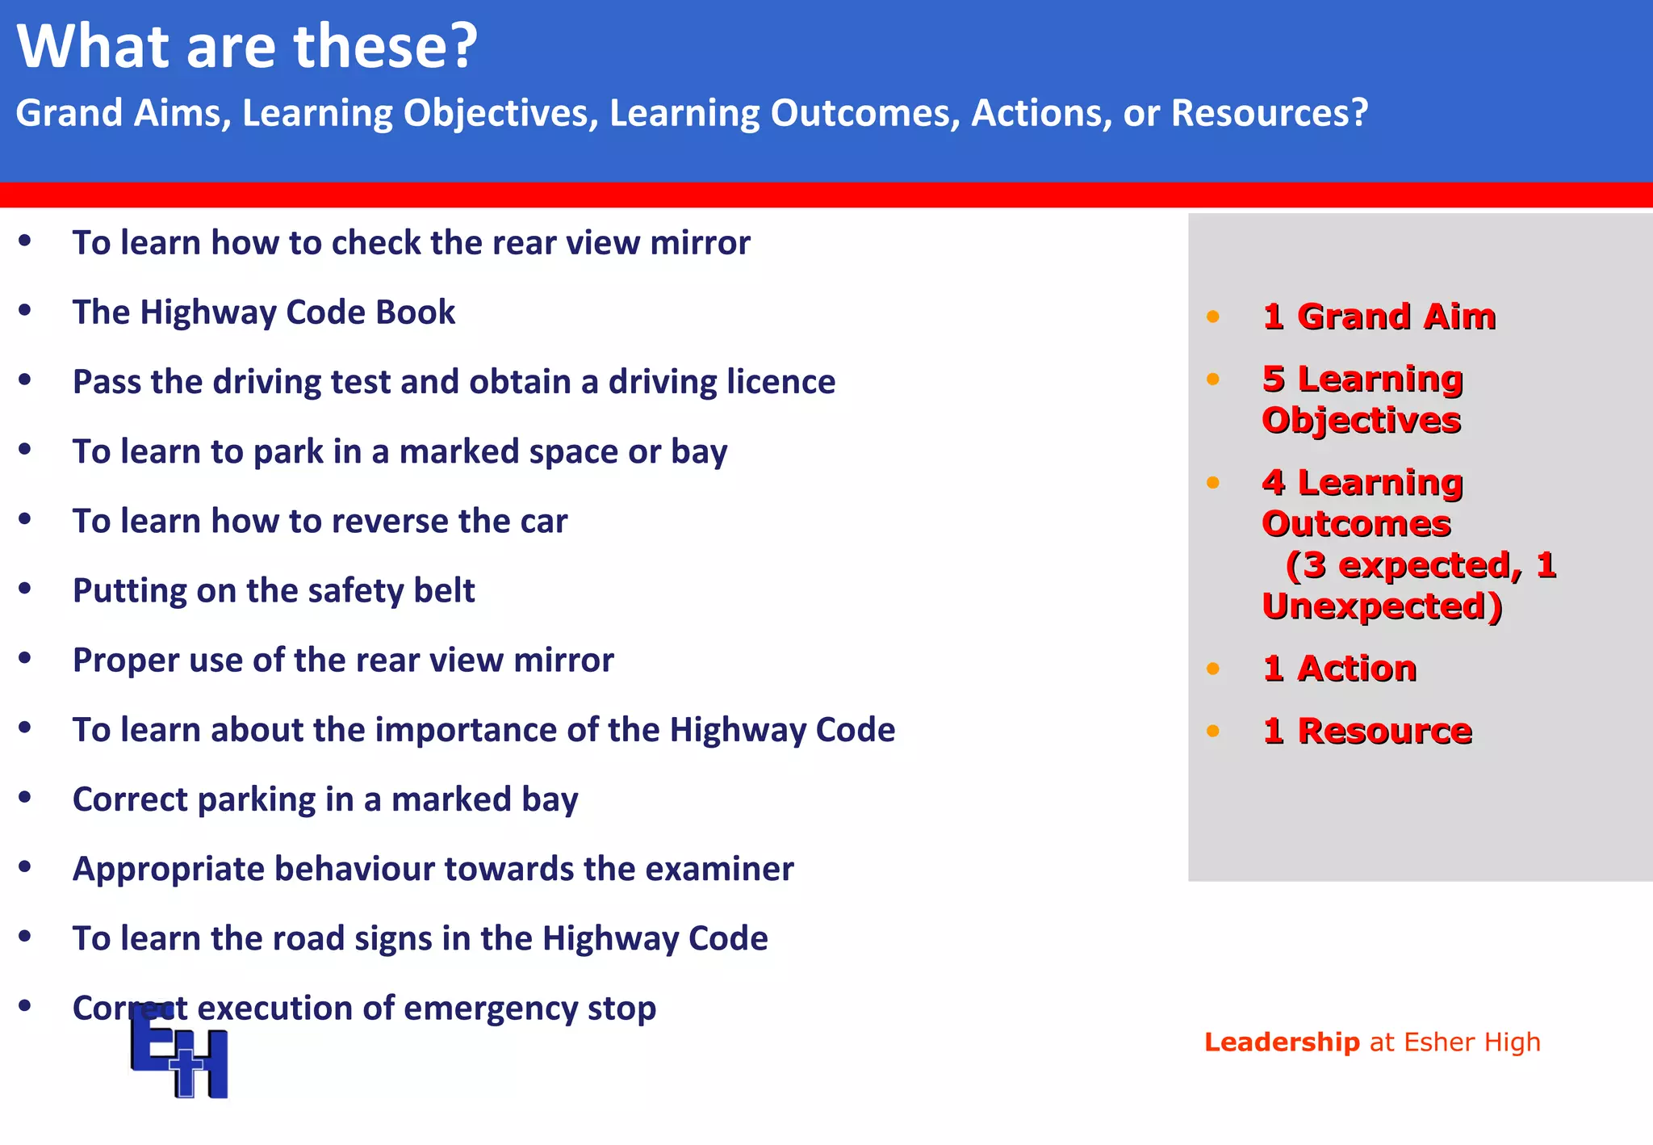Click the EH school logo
click(179, 1051)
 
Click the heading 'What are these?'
click(247, 46)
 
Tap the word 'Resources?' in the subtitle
click(1270, 113)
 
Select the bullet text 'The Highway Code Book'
click(264, 312)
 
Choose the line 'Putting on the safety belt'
click(274, 591)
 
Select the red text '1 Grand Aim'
click(1379, 317)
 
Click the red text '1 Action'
click(1340, 669)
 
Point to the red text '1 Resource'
click(1367, 732)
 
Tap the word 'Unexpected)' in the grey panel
click(1382, 606)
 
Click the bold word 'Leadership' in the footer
click(1282, 1042)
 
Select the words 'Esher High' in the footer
click(1472, 1042)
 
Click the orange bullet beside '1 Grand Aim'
click(1212, 317)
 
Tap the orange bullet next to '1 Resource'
click(1212, 732)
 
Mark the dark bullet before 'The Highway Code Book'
click(25, 310)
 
